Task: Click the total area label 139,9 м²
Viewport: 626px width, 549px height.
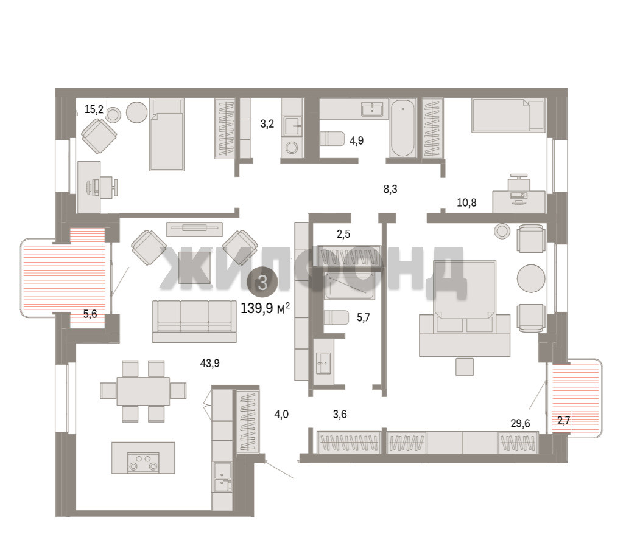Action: coord(266,308)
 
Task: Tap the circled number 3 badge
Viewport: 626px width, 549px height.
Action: coord(262,283)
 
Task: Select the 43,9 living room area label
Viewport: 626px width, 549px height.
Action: coord(209,363)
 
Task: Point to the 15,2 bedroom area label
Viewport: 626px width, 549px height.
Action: coord(94,109)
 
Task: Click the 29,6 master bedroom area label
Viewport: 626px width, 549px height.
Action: coord(520,423)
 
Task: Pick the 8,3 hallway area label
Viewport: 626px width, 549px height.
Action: coord(390,189)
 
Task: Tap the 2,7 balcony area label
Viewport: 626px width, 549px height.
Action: coord(563,420)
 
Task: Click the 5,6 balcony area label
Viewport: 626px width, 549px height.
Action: coord(90,314)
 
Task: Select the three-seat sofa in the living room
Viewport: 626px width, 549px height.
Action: coord(194,322)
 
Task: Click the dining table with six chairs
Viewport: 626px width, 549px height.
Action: coord(143,391)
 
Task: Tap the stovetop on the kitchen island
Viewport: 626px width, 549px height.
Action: coord(143,463)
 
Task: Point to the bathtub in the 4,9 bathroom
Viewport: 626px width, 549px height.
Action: coord(403,128)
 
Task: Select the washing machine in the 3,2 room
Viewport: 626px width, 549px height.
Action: coord(292,148)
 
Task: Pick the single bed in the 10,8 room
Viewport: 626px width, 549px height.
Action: coord(508,116)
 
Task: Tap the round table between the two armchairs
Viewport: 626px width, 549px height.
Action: coord(530,278)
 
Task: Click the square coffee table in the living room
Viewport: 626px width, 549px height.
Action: coord(194,268)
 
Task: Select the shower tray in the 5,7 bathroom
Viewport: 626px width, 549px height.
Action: coord(350,286)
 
